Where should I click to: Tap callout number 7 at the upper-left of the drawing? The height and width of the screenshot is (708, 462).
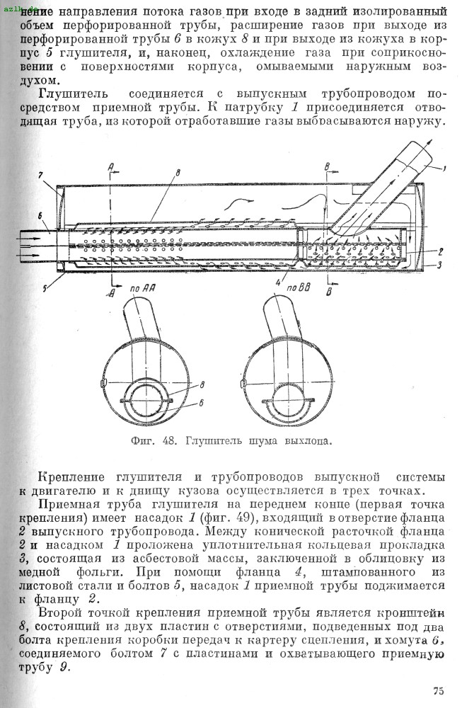point(40,175)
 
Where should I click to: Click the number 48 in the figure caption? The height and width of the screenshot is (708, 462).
point(168,440)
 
